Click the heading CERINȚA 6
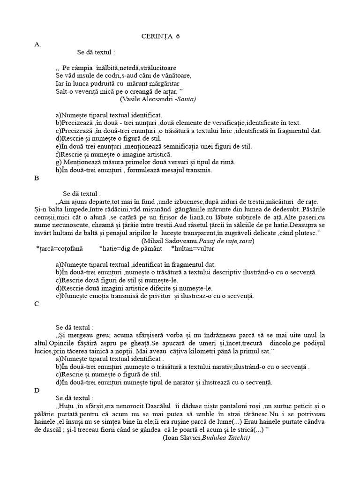coord(161,37)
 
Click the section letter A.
coord(37,45)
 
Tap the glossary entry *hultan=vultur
coord(194,249)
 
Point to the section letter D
coord(37,390)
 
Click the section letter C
coord(37,304)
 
